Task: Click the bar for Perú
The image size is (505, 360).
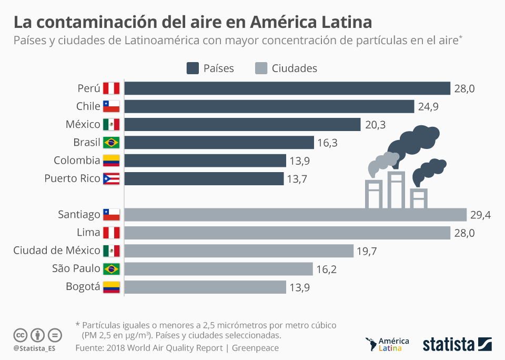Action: pos(287,88)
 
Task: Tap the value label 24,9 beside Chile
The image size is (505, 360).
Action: pos(428,107)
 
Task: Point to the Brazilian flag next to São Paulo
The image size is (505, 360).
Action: pos(112,269)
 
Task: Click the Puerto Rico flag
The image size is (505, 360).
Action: pos(112,179)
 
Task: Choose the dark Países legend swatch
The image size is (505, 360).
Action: pos(193,68)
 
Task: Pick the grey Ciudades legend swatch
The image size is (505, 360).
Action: pos(261,68)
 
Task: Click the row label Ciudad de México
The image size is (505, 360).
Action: pos(57,251)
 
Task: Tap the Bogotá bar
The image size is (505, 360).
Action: pos(205,287)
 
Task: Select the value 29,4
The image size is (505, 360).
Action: pos(481,215)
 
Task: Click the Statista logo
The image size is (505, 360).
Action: pos(457,345)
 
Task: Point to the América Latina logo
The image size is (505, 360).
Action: pos(387,344)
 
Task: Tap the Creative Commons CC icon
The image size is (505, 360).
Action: pos(21,335)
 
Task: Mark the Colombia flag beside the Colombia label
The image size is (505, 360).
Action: pos(112,161)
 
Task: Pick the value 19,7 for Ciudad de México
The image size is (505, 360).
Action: pos(367,251)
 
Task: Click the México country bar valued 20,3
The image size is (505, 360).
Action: pos(243,125)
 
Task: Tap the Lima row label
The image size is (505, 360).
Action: pos(88,233)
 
